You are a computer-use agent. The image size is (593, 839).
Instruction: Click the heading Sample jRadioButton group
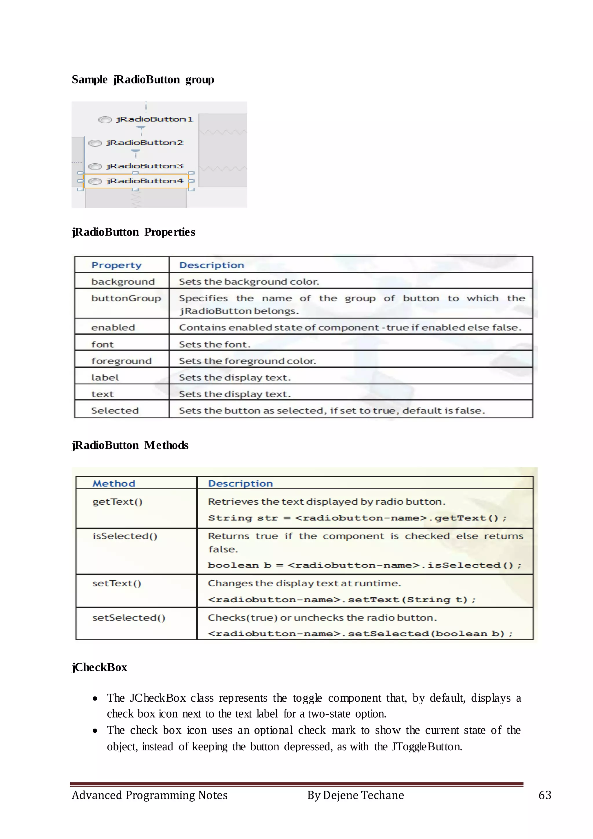pos(143,80)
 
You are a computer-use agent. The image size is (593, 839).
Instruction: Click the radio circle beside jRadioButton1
pos(105,120)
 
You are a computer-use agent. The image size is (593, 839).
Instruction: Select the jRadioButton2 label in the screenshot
pos(144,143)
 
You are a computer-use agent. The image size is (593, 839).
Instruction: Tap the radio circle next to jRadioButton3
pos(95,167)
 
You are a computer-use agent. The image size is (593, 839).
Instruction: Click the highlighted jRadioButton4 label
pos(144,181)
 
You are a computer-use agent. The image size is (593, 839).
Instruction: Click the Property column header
pos(116,265)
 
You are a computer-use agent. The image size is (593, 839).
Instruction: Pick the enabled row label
pos(113,327)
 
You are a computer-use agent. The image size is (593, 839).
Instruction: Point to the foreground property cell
pos(121,361)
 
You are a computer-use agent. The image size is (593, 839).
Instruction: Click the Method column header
pos(114,484)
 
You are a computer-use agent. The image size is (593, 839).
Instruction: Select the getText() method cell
pos(117,502)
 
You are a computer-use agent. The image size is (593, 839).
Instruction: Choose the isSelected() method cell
pos(125,536)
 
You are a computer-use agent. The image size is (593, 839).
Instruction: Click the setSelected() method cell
pos(129,618)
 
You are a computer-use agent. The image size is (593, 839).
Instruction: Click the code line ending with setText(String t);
pos(342,600)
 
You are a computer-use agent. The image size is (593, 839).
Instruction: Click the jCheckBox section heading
pos(99,667)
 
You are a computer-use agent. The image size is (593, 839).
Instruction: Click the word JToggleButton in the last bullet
pos(427,746)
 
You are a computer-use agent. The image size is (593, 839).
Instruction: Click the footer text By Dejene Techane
pos(355,795)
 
